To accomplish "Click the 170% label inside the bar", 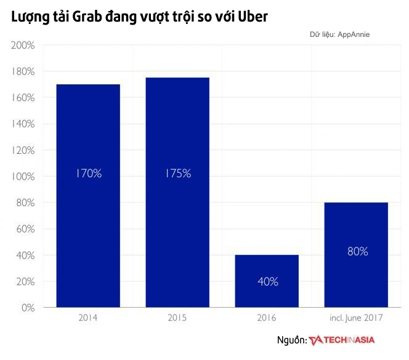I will click(x=88, y=174).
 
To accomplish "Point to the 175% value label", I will click(x=178, y=174).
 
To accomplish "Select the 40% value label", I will click(x=267, y=282).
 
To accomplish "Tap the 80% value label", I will click(x=357, y=251).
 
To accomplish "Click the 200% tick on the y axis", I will click(x=23, y=46).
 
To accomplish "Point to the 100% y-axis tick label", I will click(x=23, y=177).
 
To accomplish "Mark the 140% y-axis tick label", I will click(x=23, y=124).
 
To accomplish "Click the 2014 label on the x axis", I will click(x=88, y=318).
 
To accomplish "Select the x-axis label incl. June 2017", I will click(x=356, y=318).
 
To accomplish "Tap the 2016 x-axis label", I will click(x=267, y=318).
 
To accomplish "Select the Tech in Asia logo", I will click(x=342, y=340).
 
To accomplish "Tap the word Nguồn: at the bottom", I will click(x=291, y=340).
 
